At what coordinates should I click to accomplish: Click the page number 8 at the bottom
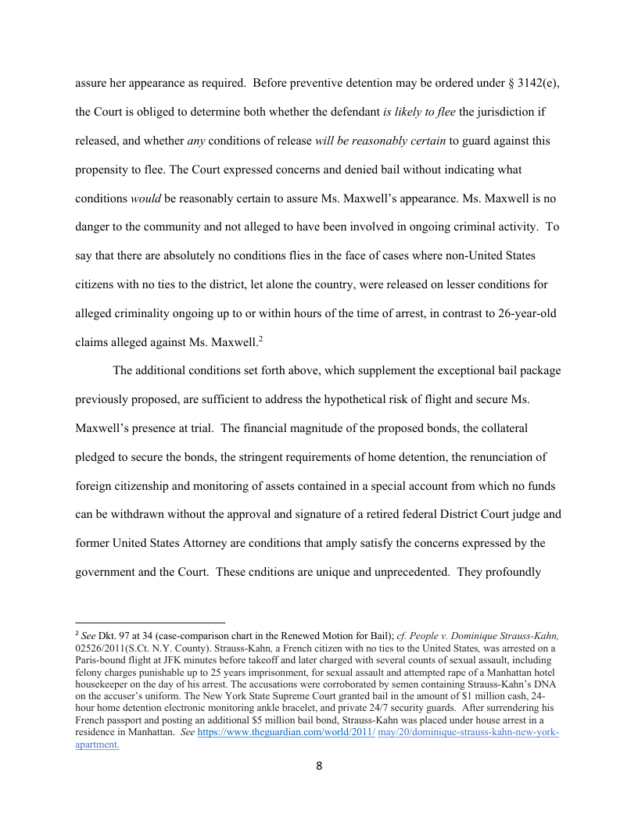coord(319,766)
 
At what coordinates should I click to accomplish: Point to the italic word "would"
coord(145,198)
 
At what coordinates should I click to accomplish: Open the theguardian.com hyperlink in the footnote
coord(286,734)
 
